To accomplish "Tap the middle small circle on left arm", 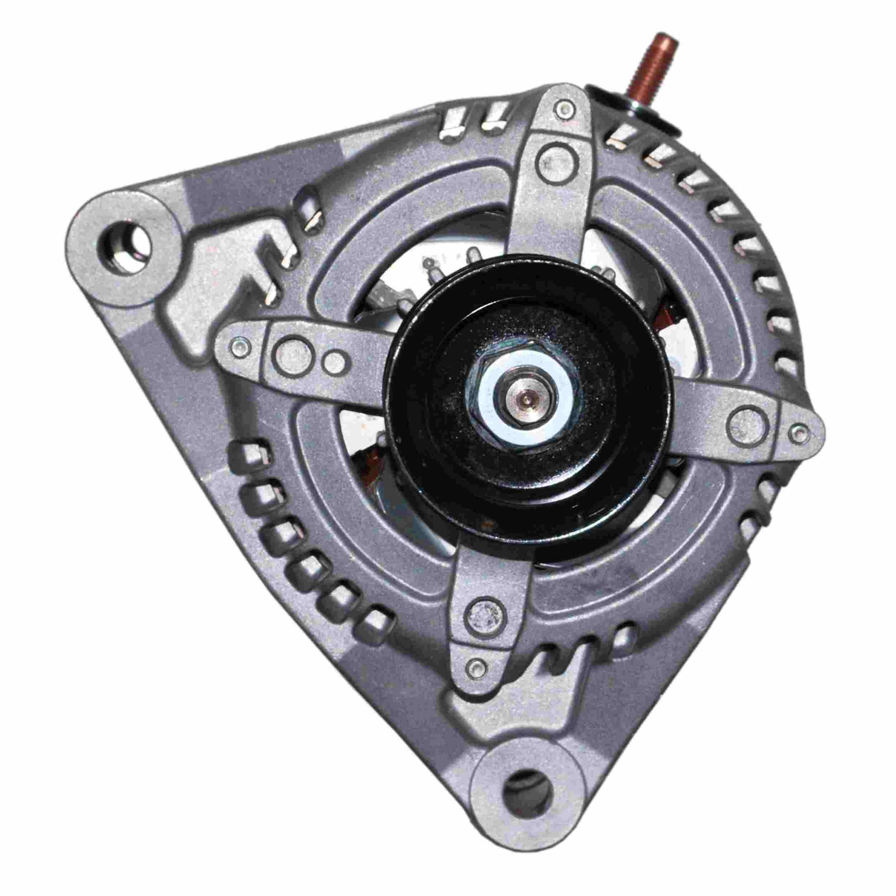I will click(x=333, y=358).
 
